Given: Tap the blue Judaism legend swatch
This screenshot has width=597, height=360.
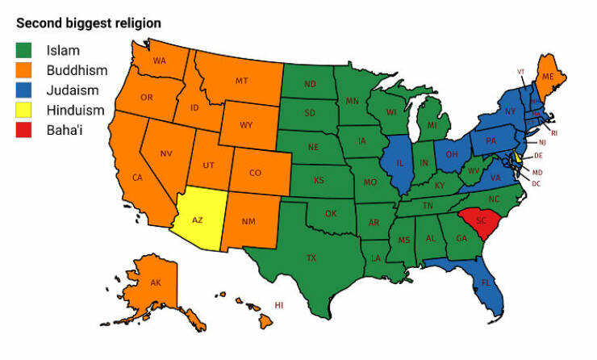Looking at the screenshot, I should point(26,91).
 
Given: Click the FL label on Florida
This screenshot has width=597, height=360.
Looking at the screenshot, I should point(486,283).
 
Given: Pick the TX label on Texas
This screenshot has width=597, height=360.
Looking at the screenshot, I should point(311,258).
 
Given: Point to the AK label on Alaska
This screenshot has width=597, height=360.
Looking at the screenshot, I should point(156,283).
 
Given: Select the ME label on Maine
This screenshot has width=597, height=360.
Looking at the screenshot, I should point(548,77).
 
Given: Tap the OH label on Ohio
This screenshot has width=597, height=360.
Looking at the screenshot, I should point(452,154).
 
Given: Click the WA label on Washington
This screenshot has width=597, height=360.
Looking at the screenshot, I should point(159,61).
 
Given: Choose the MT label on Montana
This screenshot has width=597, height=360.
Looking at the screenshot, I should point(241,81).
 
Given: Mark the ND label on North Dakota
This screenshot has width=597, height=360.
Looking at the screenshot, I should point(310,84).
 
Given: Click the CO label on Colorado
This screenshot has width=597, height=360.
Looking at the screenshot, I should point(255,173).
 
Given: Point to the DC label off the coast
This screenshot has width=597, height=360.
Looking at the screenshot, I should point(536,184).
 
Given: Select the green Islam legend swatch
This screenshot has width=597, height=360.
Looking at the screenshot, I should point(26,51).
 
